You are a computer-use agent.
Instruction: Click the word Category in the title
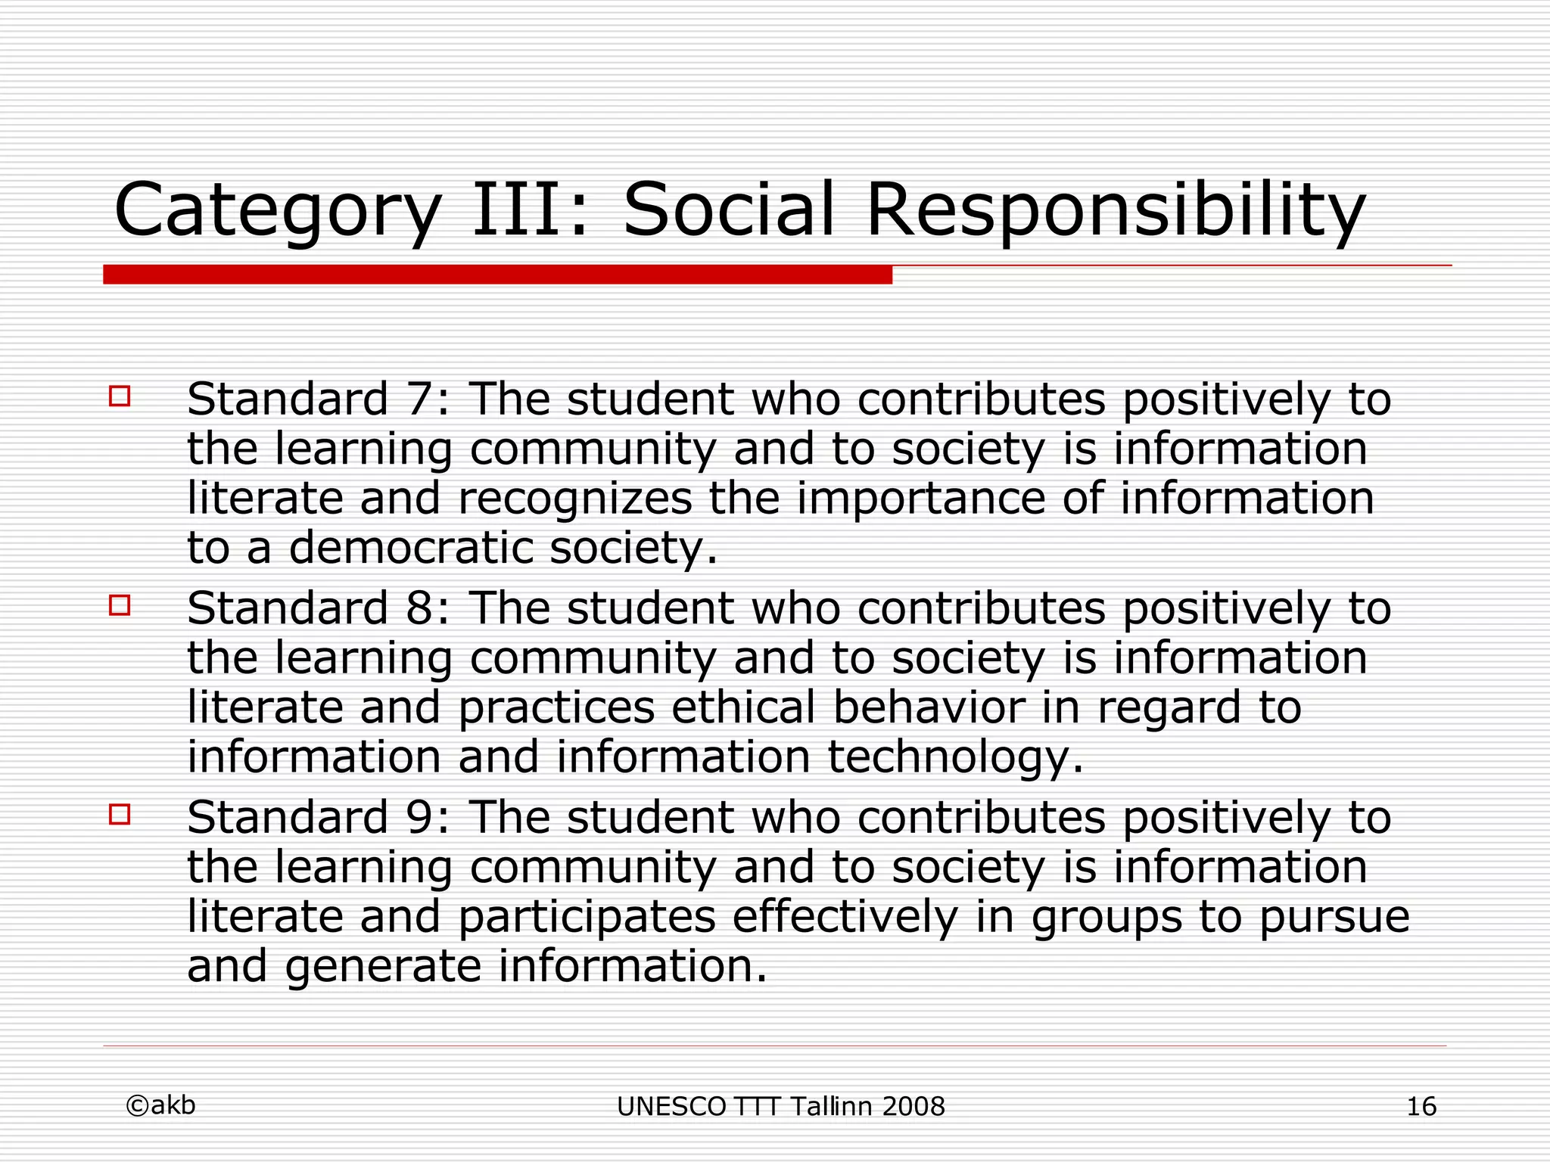click(277, 210)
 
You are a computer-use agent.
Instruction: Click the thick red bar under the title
click(497, 275)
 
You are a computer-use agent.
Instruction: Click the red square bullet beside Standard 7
click(120, 396)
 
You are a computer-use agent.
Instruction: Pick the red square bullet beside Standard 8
click(120, 605)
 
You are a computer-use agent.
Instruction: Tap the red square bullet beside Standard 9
click(120, 814)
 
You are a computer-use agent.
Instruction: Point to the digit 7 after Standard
click(420, 399)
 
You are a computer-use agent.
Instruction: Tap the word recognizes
click(575, 499)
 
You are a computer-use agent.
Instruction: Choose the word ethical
click(742, 707)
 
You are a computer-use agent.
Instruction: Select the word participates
click(587, 918)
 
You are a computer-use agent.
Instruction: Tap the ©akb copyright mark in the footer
click(160, 1105)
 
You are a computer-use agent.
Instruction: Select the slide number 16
click(1421, 1107)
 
